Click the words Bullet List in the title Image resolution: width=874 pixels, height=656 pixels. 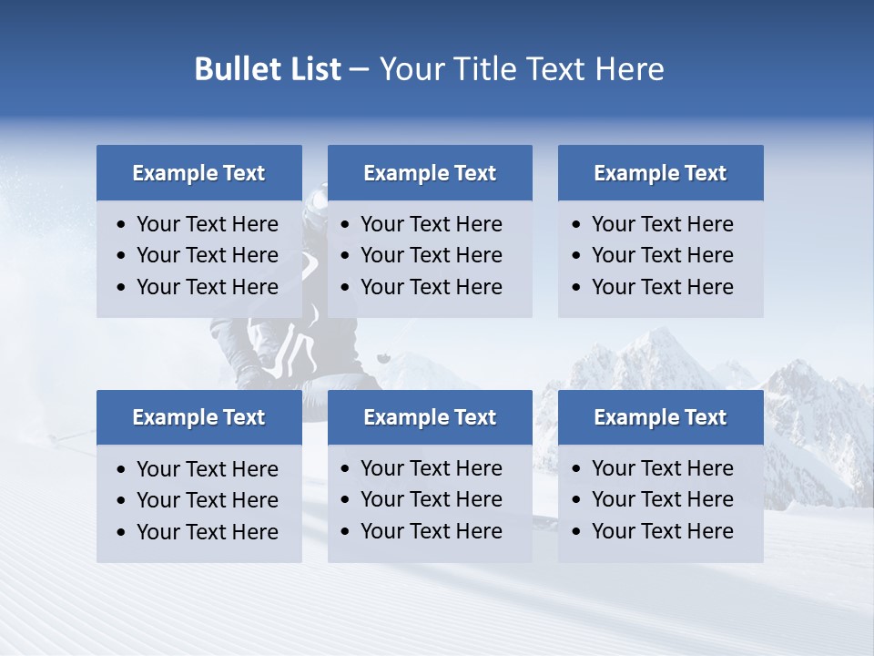268,69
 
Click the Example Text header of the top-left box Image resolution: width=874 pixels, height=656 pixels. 198,173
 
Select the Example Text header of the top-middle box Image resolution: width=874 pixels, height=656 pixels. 430,173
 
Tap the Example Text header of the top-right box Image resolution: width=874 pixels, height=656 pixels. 660,173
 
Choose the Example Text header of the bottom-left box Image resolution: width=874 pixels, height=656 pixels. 198,417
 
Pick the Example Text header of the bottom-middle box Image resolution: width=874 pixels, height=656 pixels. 430,417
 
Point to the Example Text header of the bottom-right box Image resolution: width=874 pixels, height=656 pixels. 660,417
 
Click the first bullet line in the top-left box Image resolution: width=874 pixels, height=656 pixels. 207,224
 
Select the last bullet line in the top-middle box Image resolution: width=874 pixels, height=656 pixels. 431,287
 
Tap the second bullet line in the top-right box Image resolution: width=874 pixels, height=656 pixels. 662,255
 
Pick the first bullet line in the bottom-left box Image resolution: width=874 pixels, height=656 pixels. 207,469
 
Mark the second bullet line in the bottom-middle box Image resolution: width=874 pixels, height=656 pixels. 431,499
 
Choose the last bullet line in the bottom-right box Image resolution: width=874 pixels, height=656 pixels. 662,531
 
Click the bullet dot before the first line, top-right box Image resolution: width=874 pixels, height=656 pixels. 575,225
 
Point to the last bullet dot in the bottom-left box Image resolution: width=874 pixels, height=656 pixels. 121,533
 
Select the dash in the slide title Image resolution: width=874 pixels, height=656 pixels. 359,69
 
